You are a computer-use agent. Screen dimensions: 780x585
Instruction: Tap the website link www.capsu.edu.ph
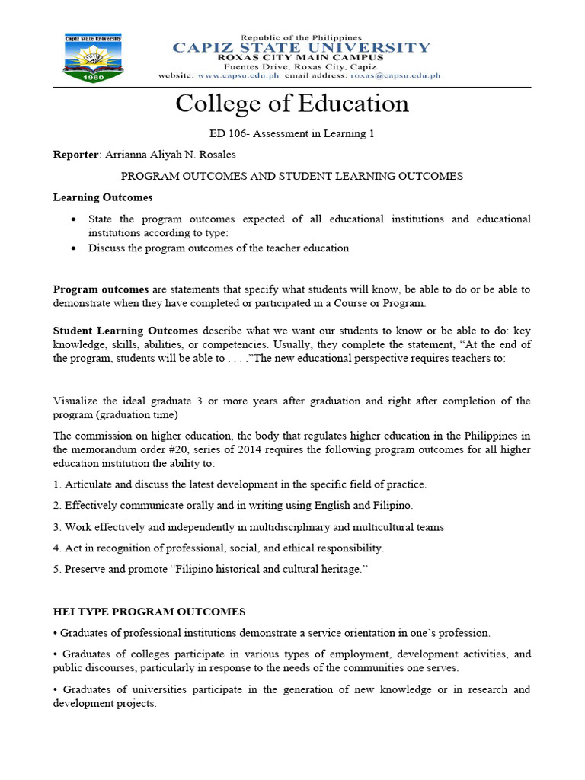coord(238,75)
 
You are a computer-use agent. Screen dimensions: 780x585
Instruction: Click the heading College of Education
coord(292,104)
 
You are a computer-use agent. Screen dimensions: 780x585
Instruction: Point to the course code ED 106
coord(226,134)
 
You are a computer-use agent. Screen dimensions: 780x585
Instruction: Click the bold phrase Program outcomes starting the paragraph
coord(101,289)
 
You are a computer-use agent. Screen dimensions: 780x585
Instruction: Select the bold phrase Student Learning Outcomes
coord(125,331)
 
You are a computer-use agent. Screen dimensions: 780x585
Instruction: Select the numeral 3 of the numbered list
coord(56,527)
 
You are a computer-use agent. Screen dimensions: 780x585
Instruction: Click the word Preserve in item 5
coord(86,570)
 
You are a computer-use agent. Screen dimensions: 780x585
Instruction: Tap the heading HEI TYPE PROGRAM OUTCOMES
coord(149,612)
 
